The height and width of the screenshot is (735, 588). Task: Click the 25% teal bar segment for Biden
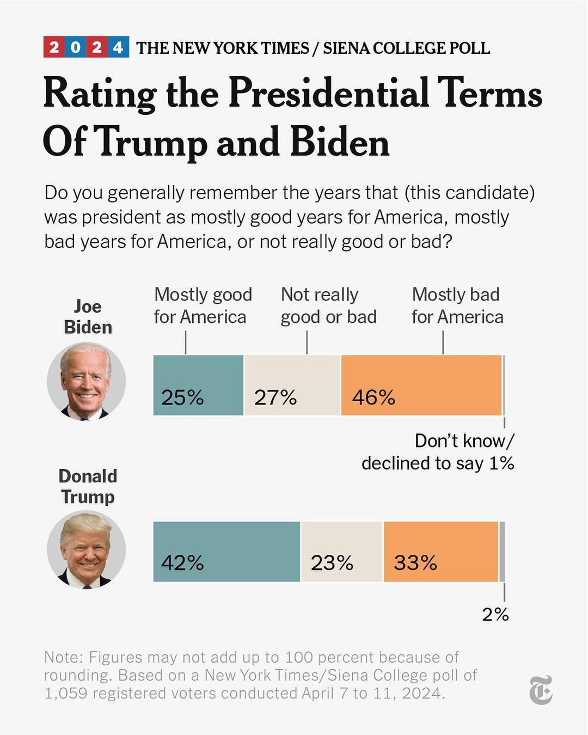(x=198, y=385)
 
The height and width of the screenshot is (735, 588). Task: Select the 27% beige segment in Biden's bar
(x=292, y=385)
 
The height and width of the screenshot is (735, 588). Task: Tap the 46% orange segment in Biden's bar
(x=421, y=385)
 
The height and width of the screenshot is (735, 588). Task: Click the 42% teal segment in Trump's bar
(x=226, y=552)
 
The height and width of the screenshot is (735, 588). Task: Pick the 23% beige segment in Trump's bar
(x=342, y=552)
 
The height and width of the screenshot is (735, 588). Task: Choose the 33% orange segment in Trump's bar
(x=440, y=552)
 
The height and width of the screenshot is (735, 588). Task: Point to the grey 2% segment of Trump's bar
(x=502, y=552)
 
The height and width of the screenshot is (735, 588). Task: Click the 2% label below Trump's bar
(x=495, y=615)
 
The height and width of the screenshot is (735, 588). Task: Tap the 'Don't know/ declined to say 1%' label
(x=438, y=452)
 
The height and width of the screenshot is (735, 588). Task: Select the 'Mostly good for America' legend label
(x=203, y=305)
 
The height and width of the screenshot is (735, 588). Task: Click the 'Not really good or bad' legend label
(x=328, y=305)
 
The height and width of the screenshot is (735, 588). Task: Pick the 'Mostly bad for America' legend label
(x=457, y=305)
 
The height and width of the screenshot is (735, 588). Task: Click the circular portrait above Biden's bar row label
(x=87, y=382)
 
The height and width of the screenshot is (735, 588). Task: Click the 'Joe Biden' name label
(x=88, y=316)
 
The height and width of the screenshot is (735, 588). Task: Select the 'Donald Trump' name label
(x=88, y=486)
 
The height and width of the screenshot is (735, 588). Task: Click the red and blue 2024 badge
(x=86, y=47)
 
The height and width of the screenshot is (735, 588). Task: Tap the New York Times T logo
(x=541, y=690)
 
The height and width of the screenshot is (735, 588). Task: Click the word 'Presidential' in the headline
(x=328, y=93)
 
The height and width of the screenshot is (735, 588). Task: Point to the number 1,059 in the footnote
(x=66, y=693)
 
